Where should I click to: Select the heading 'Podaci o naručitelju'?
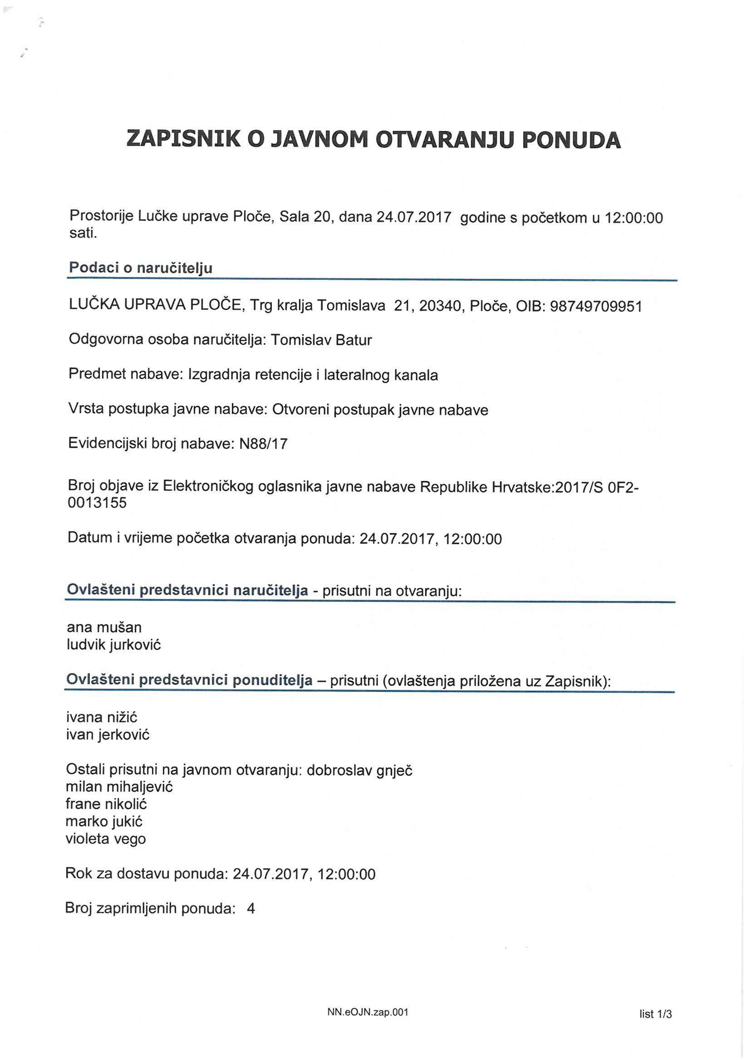(x=140, y=268)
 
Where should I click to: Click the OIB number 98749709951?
(x=595, y=306)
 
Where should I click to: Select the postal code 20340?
(x=439, y=306)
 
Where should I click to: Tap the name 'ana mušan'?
(x=104, y=627)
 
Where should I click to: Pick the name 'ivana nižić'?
(x=102, y=718)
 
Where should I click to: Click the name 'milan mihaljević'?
(x=119, y=786)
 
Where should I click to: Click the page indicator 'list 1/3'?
(x=655, y=1014)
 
